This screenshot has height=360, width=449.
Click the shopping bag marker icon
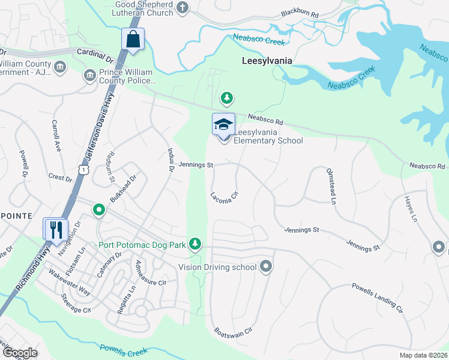(133, 40)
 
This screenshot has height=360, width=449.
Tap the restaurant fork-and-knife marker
(55, 229)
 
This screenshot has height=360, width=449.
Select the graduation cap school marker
(223, 124)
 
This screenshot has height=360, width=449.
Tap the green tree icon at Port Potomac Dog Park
(194, 243)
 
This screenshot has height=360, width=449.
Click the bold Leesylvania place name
(267, 61)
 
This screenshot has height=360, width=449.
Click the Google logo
(20, 353)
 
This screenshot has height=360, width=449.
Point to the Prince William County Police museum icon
(89, 75)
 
